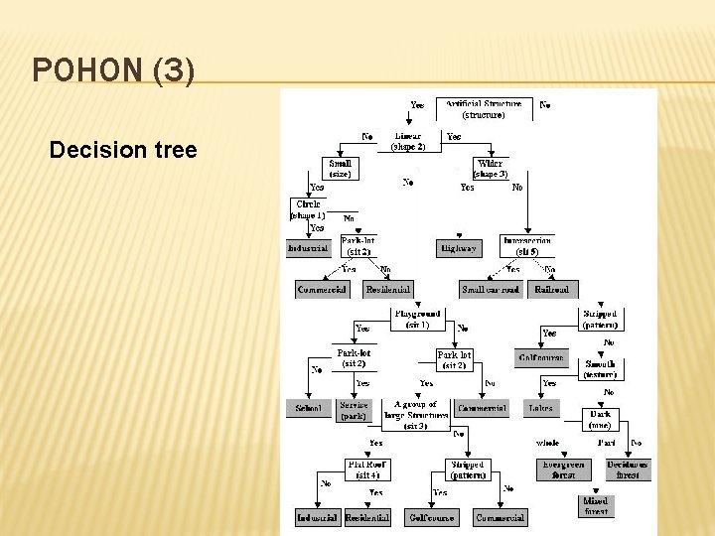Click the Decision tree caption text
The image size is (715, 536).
pos(123,151)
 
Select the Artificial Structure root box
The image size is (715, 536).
pos(483,108)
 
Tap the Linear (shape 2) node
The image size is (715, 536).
pos(407,141)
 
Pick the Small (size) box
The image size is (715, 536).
pos(340,168)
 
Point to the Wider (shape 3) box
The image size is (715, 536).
pos(489,168)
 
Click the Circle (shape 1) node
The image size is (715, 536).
pos(308,209)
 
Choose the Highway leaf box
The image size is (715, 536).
pos(458,248)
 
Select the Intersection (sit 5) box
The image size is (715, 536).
pos(526,245)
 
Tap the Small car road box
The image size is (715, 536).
pos(491,289)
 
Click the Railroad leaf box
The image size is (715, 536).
pos(552,289)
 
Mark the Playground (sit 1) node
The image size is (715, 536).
pos(417,319)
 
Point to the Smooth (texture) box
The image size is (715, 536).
pos(600,369)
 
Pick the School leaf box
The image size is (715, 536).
pos(309,408)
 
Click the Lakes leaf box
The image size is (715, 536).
pos(541,408)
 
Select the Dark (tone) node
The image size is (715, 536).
pos(599,419)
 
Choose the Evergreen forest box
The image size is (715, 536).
pos(563,469)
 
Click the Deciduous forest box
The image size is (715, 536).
pos(628,469)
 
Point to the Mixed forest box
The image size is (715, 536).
pos(596,506)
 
